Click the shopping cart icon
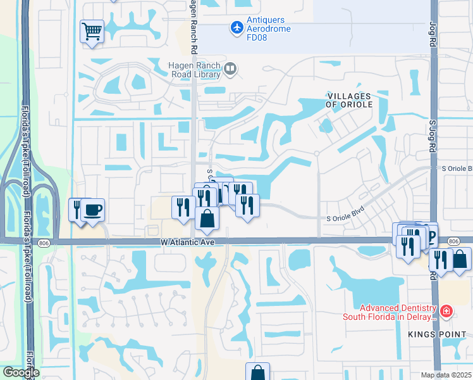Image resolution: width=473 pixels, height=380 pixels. coord(92,31)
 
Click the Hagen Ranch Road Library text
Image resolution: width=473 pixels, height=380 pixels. coord(193,69)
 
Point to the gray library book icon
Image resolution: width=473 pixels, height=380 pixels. coord(231,68)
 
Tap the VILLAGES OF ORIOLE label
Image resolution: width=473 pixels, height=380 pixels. coord(349,99)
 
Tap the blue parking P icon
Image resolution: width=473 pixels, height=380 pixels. coord(431,237)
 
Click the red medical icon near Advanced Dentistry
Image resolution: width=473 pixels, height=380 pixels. coord(446,312)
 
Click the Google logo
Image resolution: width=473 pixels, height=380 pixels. coord(20,372)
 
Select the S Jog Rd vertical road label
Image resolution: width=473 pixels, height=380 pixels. coord(433,139)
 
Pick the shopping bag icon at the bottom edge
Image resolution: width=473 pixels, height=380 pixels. coord(257,372)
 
